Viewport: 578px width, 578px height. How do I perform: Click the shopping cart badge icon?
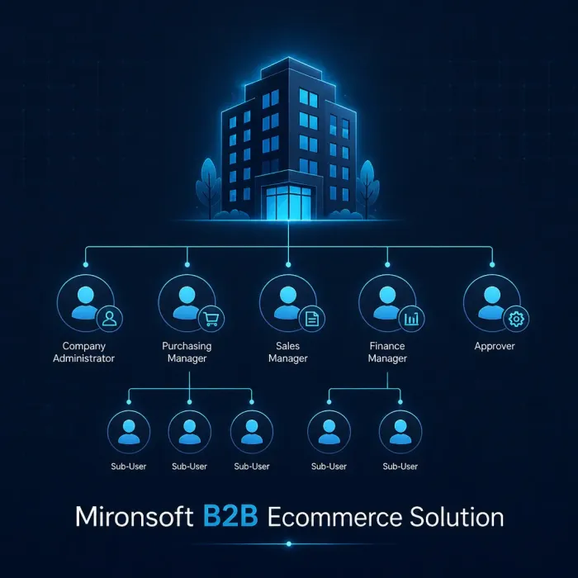tap(211, 319)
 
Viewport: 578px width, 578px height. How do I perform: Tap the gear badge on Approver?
tap(516, 319)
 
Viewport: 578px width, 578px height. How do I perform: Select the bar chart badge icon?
tap(411, 319)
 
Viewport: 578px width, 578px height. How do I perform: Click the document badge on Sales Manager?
tap(312, 319)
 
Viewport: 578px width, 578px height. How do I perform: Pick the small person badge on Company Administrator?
tap(110, 319)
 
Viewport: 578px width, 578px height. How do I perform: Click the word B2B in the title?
tap(230, 516)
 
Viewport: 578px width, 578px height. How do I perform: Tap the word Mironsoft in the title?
tap(134, 516)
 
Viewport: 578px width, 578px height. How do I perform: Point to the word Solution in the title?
tap(457, 516)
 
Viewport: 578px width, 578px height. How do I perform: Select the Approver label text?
tap(495, 347)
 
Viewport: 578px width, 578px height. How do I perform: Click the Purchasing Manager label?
tap(187, 352)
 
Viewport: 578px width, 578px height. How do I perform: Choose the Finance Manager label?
tap(387, 352)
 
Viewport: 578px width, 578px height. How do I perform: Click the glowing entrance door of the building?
tap(289, 203)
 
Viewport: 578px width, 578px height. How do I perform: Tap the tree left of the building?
tap(209, 188)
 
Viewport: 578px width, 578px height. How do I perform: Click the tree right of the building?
tap(367, 189)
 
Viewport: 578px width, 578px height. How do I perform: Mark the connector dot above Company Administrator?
tap(86, 265)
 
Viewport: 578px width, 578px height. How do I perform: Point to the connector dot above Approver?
tap(492, 265)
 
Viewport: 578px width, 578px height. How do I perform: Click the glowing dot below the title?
tap(289, 543)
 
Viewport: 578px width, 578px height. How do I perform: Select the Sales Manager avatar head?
tap(288, 296)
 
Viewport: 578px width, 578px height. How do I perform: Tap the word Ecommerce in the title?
tap(334, 516)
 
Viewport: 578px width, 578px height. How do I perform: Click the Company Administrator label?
tap(83, 352)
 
